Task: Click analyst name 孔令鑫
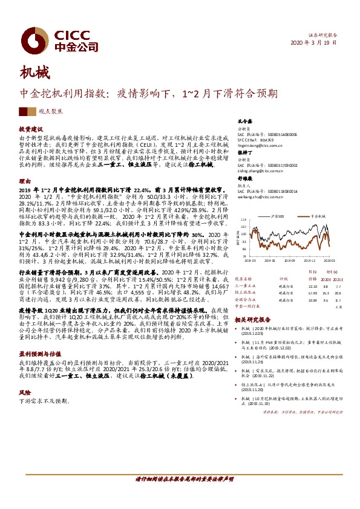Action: point(244,122)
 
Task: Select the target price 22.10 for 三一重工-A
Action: point(312,286)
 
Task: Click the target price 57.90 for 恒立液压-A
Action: point(312,292)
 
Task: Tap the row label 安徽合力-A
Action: point(247,299)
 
